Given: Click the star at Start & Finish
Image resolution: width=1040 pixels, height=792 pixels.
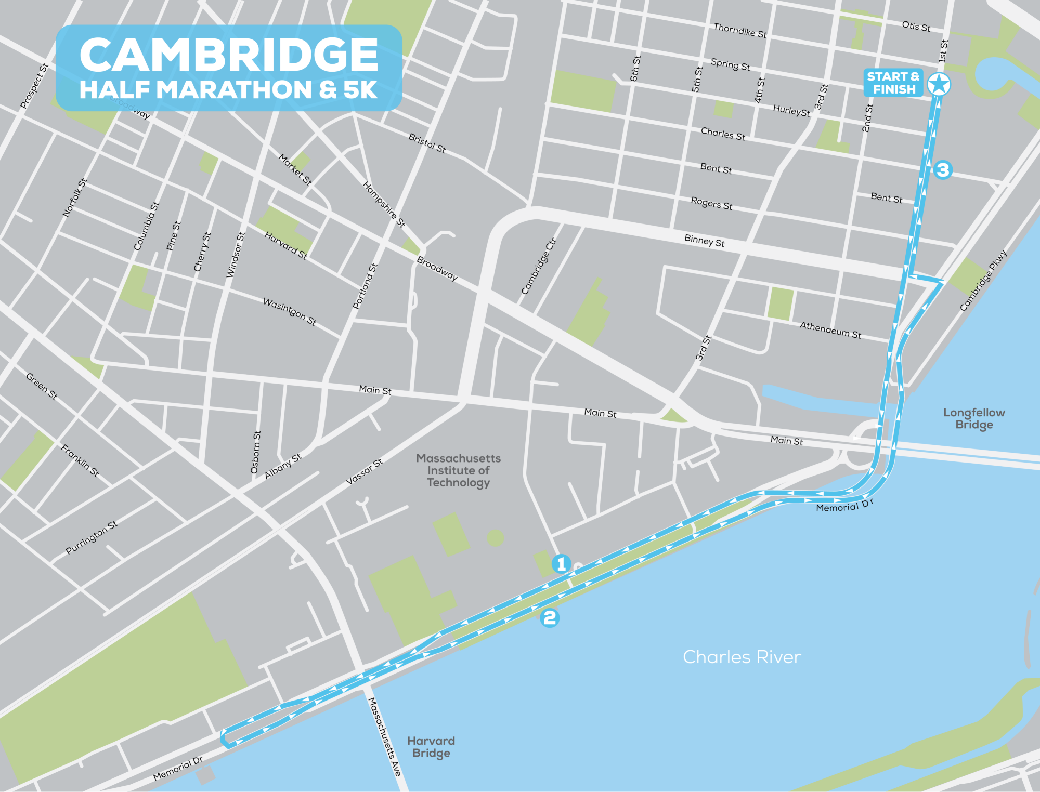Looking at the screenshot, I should (939, 84).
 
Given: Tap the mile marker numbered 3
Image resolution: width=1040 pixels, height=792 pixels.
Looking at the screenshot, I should (943, 169).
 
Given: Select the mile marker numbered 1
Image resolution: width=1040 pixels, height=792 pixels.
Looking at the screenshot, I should (561, 564).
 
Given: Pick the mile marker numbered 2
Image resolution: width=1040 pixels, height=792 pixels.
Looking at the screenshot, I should (550, 617).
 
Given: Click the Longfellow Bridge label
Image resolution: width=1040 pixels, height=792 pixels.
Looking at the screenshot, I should (974, 418).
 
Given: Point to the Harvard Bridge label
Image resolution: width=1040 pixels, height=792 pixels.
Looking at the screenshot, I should (431, 747).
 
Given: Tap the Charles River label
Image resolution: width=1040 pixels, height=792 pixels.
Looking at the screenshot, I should (742, 657).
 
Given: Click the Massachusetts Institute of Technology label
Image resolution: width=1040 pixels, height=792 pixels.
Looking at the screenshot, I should (458, 470).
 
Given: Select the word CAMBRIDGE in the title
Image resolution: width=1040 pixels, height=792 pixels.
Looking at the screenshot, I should (229, 55).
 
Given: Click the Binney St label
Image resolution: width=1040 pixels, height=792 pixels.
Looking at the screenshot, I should (704, 241).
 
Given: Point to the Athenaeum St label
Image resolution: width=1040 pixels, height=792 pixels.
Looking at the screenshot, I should (830, 330).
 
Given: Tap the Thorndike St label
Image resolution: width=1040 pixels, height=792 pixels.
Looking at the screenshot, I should (739, 31).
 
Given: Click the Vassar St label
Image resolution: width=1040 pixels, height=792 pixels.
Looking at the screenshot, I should (365, 472).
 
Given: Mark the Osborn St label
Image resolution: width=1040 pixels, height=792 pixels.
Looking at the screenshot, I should (256, 452).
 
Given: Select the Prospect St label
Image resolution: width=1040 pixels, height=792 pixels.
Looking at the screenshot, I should (34, 86).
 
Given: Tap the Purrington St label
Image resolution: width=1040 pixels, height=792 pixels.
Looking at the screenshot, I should (92, 537).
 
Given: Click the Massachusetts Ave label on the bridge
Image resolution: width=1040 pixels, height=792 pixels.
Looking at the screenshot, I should (385, 737).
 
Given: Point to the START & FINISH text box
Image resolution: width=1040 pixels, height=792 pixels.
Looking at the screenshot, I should (893, 83).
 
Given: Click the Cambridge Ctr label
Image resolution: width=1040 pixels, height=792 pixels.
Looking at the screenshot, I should (539, 267).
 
